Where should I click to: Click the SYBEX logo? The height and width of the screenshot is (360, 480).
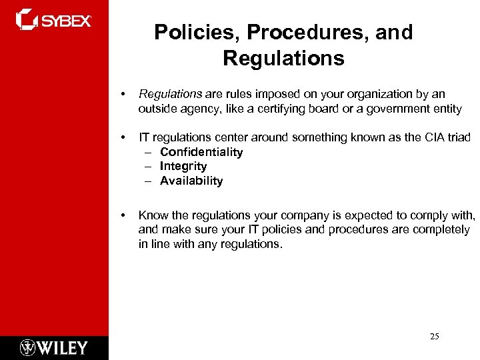coord(53,19)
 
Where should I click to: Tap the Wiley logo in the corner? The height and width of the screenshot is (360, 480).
coord(54,347)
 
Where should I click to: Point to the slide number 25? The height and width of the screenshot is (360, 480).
coord(434,337)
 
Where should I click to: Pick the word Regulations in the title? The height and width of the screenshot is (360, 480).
coord(283,59)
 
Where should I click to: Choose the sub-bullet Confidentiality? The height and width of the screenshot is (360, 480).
coord(201,152)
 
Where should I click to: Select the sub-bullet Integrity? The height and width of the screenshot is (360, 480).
coord(183,166)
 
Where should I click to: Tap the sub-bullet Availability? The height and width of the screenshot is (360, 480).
coord(191,181)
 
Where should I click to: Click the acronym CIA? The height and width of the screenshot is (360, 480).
coord(433,137)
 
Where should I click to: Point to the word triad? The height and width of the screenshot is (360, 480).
coord(458,137)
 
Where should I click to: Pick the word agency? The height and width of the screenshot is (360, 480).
coord(198,109)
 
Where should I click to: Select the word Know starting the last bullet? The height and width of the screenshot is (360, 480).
coord(152,215)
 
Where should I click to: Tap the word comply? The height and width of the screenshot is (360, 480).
coord(427,215)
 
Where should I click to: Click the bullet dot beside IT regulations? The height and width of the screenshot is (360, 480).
coord(123,137)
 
